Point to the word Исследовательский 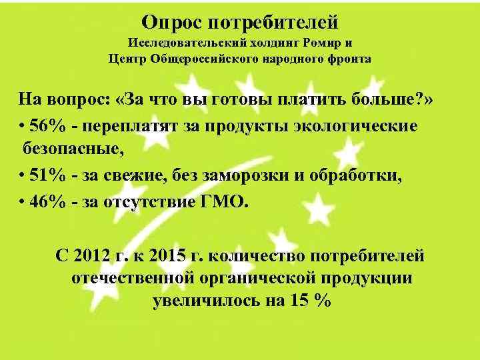pos(176,44)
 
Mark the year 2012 pos(99,255)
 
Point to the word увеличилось pos(204,300)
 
